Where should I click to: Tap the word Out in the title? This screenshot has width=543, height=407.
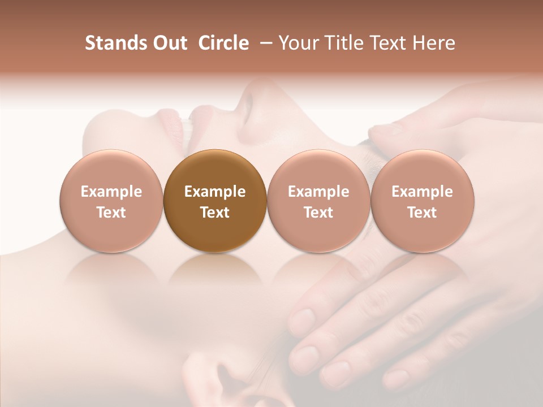click(168, 43)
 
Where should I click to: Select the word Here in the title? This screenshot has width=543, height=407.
click(434, 43)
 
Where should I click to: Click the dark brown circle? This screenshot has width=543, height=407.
click(214, 201)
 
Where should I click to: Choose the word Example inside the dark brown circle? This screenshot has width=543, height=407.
click(214, 192)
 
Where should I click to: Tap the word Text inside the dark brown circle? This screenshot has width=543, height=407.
click(214, 213)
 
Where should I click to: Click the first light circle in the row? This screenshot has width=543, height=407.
click(111, 201)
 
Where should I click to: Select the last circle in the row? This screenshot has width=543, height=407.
click(422, 201)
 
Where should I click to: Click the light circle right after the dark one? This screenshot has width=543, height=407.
click(318, 201)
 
